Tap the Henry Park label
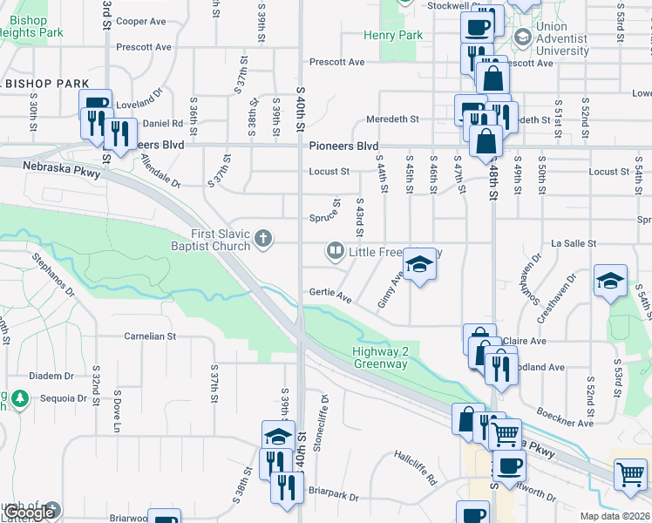pyautogui.click(x=394, y=36)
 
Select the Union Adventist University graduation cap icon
pyautogui.click(x=522, y=37)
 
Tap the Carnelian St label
pyautogui.click(x=150, y=336)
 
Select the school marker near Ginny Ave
pyautogui.click(x=419, y=265)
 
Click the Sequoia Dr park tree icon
pyautogui.click(x=20, y=399)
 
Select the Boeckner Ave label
pyautogui.click(x=565, y=417)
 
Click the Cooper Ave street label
pyautogui.click(x=140, y=21)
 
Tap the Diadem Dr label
pyautogui.click(x=51, y=376)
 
